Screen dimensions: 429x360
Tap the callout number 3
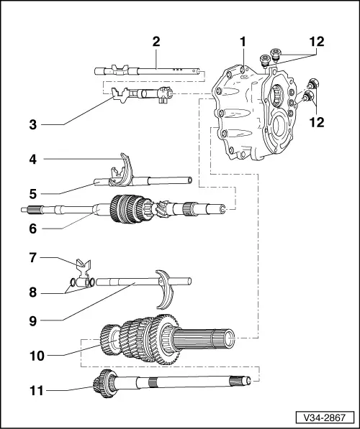(x=33, y=124)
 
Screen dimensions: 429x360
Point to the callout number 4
(x=33, y=158)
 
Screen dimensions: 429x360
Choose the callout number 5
(x=33, y=193)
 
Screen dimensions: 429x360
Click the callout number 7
(x=33, y=257)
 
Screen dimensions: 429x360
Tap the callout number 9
(x=33, y=319)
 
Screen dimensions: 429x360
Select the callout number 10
(x=33, y=354)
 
